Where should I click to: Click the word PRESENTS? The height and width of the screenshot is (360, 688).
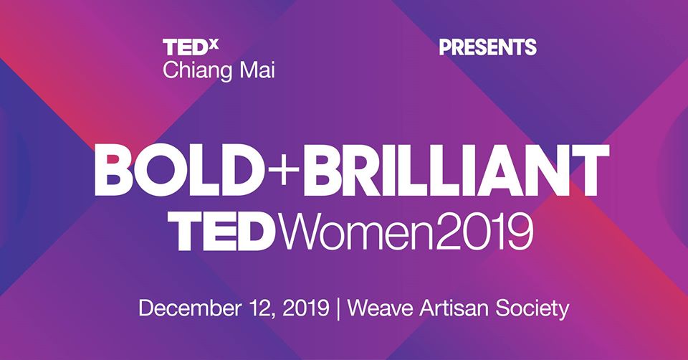pyautogui.click(x=487, y=47)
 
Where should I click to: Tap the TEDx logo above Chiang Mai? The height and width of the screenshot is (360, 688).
pyautogui.click(x=191, y=47)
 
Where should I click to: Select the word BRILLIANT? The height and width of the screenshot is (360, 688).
pyautogui.click(x=456, y=170)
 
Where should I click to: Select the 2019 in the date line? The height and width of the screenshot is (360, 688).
pyautogui.click(x=306, y=308)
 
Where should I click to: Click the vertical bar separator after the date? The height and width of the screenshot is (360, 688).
pyautogui.click(x=338, y=308)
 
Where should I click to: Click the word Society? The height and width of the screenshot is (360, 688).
pyautogui.click(x=532, y=308)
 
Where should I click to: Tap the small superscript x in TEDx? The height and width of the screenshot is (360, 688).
pyautogui.click(x=214, y=44)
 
